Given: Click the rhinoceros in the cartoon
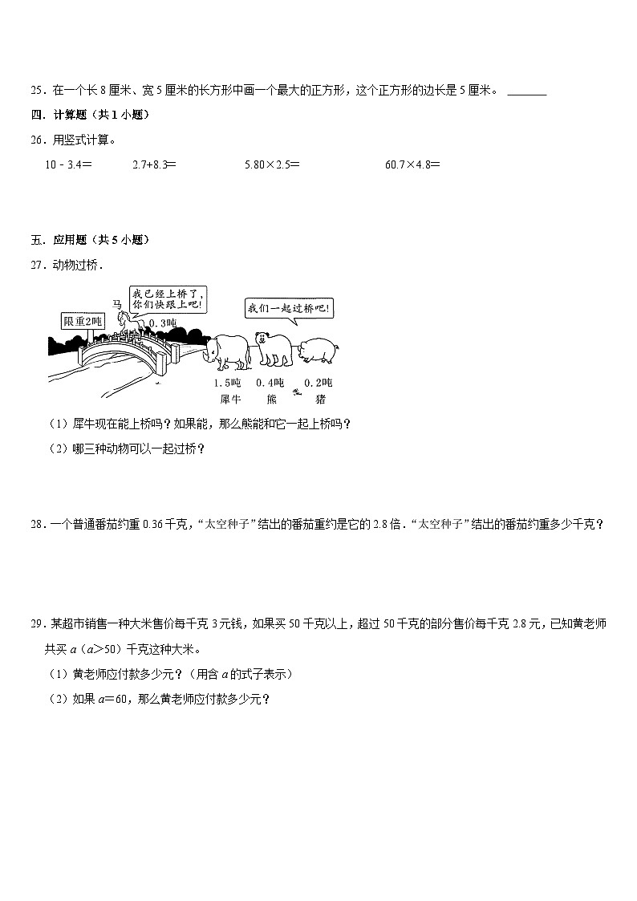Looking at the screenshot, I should tap(230, 351).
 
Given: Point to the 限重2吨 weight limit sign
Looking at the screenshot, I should tap(83, 322).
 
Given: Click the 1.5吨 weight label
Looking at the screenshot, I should tap(227, 383).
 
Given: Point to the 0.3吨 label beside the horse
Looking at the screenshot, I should tap(163, 323).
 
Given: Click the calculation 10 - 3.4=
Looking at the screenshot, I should tap(69, 164).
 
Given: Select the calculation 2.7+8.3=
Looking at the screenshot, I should tap(153, 164).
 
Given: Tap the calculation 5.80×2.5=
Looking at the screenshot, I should tap(272, 164).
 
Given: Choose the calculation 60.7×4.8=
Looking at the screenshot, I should tap(412, 164).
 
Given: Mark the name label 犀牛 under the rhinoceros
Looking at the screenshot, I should tap(228, 399).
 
